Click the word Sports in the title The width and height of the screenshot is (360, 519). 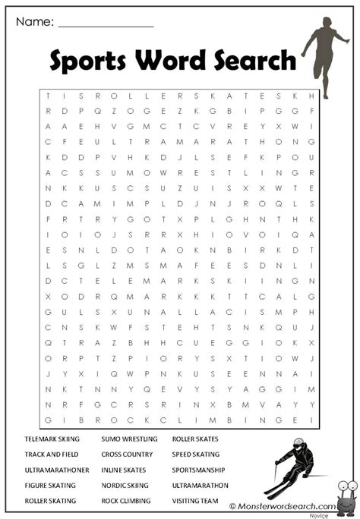coord(86,61)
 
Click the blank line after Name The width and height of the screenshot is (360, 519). coord(106,24)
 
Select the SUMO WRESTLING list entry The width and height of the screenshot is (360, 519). coord(129,439)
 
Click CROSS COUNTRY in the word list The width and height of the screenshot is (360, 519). coord(127,455)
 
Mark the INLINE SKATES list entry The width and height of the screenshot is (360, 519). coord(125,470)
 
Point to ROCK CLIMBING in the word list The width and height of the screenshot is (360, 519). coord(126,502)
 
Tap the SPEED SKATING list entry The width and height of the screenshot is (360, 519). coord(197,455)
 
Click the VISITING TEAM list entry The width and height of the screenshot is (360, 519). coord(195,502)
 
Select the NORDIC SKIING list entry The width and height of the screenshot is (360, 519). coord(125,486)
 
